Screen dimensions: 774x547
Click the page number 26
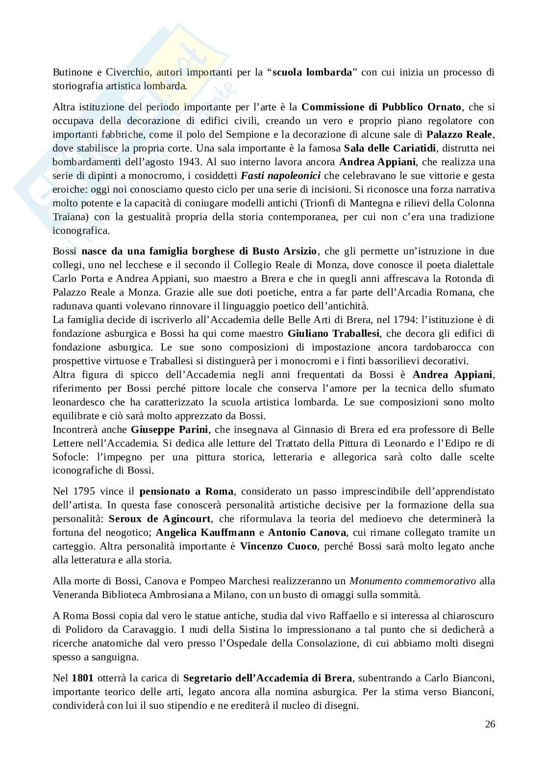pyautogui.click(x=490, y=724)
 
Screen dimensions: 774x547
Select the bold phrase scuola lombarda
pyautogui.click(x=312, y=73)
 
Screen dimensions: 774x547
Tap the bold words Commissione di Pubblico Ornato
pyautogui.click(x=381, y=107)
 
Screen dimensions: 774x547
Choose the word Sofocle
pyautogui.click(x=69, y=457)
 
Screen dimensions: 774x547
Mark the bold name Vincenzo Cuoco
pyautogui.click(x=278, y=546)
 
